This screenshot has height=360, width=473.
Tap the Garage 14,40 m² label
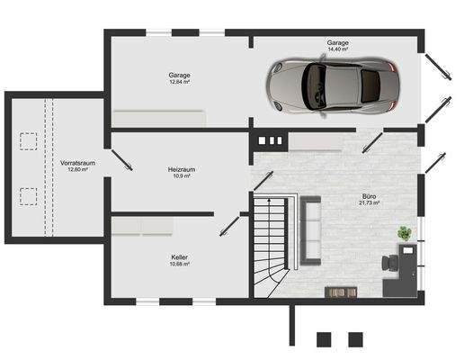point(338,47)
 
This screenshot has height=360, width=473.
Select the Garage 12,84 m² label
point(179,78)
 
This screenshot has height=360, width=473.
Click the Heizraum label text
point(181,172)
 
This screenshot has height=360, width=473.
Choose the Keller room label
point(180,260)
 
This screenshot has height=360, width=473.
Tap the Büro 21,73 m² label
point(370,199)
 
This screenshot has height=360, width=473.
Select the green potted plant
point(405,233)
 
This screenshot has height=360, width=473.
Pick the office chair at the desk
point(388,262)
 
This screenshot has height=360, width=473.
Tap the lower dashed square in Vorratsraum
point(29,194)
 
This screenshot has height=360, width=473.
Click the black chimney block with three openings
point(270,140)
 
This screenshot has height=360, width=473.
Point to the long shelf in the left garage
point(159,117)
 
